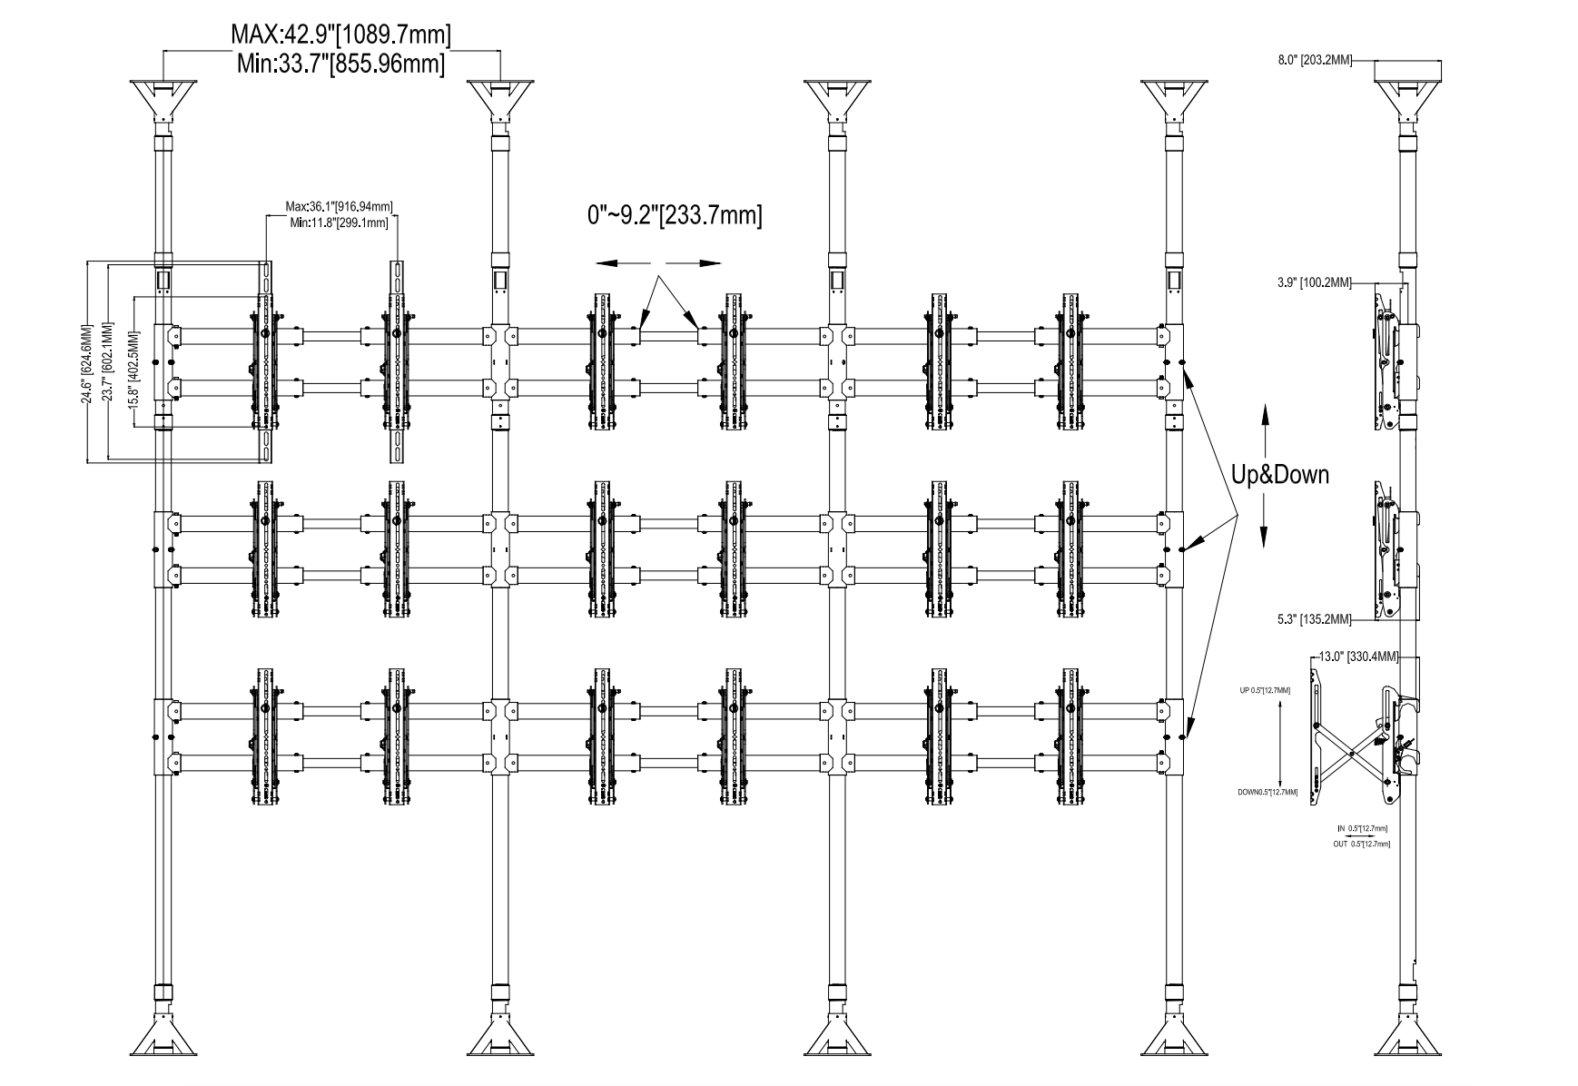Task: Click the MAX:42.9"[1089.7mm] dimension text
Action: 340,35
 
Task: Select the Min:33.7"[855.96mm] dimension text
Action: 340,64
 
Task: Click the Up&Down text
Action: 1279,474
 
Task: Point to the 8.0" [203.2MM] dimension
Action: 1316,61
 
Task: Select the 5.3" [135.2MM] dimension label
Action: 1313,620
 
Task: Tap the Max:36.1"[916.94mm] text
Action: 339,207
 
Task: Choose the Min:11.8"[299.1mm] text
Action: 339,222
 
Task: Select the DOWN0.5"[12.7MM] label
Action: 1267,793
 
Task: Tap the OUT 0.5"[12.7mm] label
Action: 1360,844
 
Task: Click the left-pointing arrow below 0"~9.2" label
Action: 617,262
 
